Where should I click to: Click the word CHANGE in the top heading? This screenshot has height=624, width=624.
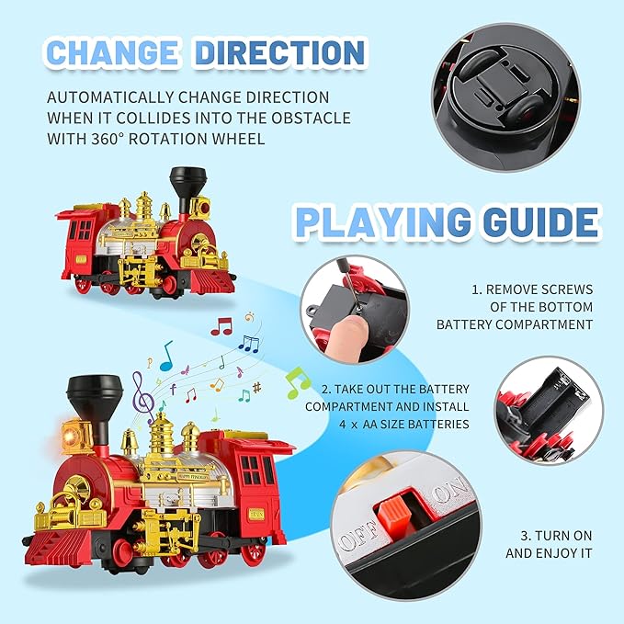111,52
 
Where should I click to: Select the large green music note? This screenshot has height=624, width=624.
296,381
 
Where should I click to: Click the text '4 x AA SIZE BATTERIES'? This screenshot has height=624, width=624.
387,425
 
